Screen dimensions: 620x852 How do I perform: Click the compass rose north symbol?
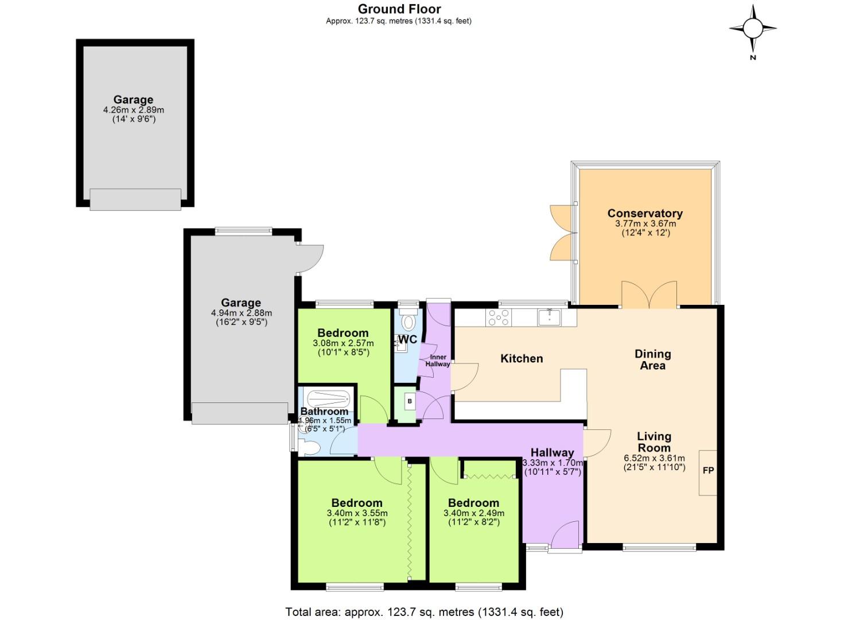point(753,28)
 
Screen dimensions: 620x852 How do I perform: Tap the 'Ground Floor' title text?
point(399,9)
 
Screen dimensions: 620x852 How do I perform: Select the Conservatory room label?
point(645,214)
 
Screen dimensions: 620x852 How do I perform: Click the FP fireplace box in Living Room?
point(708,471)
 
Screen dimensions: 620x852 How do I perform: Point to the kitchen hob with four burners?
point(498,317)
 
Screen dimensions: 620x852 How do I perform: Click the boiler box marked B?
point(409,401)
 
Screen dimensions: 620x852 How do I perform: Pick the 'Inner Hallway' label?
point(438,361)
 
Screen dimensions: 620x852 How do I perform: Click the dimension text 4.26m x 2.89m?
point(133,110)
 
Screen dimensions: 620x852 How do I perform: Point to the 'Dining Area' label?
point(652,359)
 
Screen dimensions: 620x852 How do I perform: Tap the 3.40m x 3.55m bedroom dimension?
point(357,513)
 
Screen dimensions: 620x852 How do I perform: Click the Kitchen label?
point(522,358)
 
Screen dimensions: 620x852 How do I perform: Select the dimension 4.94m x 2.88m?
point(241,313)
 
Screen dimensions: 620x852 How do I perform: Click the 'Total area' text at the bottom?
point(425,611)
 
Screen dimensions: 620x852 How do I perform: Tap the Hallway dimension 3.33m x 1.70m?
point(552,463)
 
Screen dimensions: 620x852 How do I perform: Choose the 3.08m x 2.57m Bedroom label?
point(343,333)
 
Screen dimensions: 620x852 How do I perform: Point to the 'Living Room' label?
point(654,442)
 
